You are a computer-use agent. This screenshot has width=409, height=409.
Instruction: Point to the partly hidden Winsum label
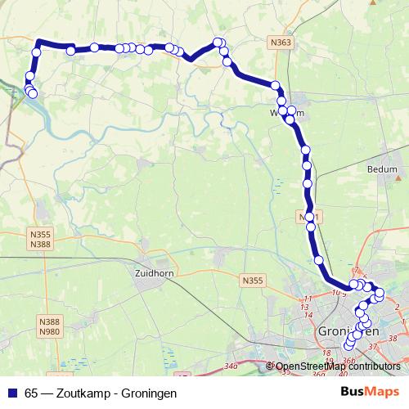[x=291, y=112]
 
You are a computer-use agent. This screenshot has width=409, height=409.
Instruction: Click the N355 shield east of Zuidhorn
[x=253, y=281]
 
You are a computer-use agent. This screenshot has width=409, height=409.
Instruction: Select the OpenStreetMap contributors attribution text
[x=337, y=366]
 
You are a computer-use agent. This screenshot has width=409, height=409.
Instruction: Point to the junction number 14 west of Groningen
[x=307, y=314]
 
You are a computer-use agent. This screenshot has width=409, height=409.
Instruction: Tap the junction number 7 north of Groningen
[x=356, y=271]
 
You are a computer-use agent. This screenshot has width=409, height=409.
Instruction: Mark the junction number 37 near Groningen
[x=373, y=347]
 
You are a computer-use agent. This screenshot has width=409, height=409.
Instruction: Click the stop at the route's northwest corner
[x=37, y=52]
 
